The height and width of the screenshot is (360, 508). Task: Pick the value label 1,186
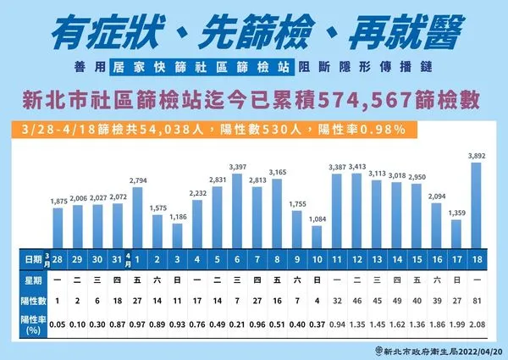(x=177, y=218)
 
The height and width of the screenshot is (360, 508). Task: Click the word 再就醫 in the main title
(x=406, y=32)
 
